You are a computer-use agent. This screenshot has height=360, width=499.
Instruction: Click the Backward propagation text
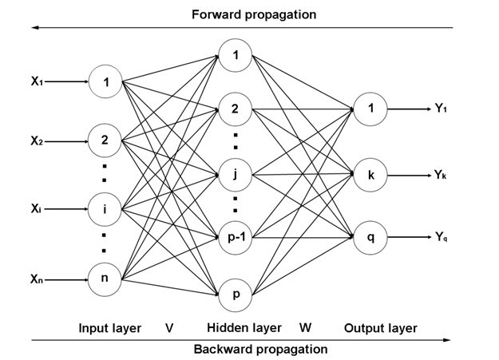260,349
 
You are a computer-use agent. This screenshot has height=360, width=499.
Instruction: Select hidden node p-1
236,237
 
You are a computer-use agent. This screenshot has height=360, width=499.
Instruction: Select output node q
370,236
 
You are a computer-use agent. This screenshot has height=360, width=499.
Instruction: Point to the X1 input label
37,81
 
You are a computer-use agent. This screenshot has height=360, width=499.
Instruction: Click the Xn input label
37,279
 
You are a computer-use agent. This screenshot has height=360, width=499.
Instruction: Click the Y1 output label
442,108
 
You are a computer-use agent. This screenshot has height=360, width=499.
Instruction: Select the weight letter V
169,327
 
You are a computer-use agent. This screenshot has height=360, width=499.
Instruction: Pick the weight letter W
305,327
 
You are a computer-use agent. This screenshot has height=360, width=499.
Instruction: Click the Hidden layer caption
244,327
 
